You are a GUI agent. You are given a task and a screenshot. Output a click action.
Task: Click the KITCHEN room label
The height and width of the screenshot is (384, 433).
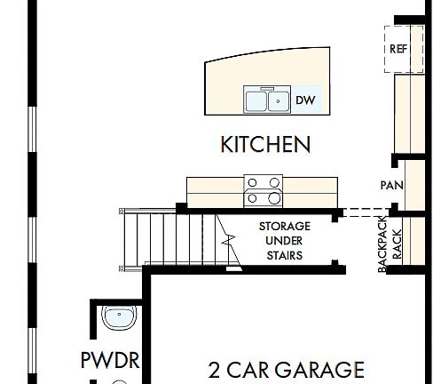click(x=265, y=144)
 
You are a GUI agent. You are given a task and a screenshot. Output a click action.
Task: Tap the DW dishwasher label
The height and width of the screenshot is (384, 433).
click(x=305, y=100)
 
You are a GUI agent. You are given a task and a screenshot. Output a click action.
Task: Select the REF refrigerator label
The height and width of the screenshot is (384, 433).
click(x=399, y=49)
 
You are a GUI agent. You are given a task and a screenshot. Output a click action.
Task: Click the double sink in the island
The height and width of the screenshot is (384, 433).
click(x=267, y=100)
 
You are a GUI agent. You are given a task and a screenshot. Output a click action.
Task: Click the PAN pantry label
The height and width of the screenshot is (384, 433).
click(x=391, y=186)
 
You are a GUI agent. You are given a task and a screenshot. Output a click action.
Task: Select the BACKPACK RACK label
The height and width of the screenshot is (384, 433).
click(x=390, y=243)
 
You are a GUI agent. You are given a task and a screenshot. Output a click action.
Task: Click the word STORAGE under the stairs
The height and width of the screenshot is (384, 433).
click(x=284, y=226)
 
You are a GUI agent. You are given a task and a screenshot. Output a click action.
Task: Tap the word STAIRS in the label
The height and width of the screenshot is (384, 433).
click(x=284, y=256)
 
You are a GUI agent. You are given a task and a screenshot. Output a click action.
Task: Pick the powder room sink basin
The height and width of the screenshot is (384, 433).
click(x=117, y=316)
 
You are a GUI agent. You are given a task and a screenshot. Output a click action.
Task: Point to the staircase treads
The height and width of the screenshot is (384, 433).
click(x=151, y=237)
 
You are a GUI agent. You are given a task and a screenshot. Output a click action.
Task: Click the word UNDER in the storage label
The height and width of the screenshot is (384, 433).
click(x=284, y=241)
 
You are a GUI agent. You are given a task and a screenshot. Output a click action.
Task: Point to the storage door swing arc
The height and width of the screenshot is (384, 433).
click(x=227, y=240)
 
